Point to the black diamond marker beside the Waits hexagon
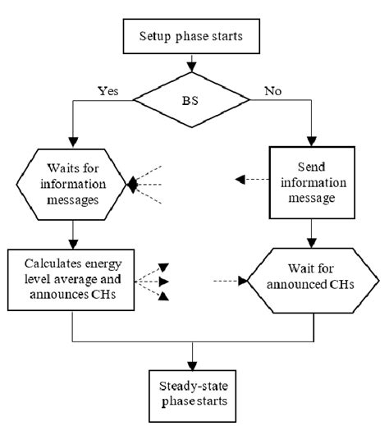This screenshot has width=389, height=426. click(132, 186)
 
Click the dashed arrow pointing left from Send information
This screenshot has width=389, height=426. click(250, 179)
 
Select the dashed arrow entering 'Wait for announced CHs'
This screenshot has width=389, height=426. click(230, 282)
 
